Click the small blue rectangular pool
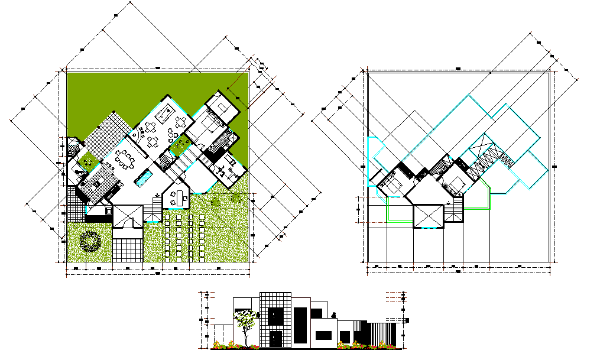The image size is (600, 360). pos(144,176)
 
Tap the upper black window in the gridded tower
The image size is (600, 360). pos(275,316)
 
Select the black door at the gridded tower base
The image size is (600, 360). pos(276,339)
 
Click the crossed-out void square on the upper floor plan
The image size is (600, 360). pos(429,216)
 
